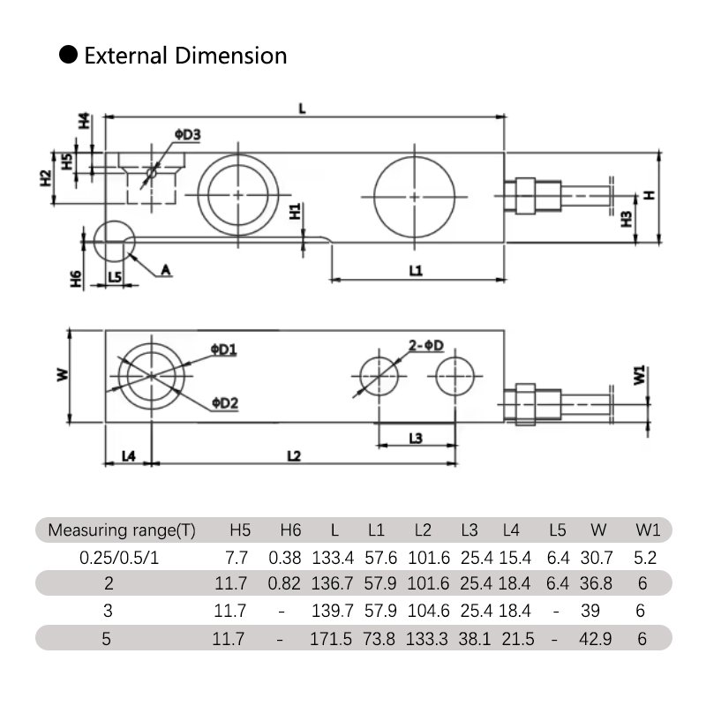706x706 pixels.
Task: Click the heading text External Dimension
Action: pyautogui.click(x=185, y=56)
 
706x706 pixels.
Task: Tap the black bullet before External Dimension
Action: pyautogui.click(x=68, y=56)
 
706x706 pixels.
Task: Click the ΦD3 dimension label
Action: pyautogui.click(x=187, y=134)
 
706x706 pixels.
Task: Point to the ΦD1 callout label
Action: pyautogui.click(x=223, y=350)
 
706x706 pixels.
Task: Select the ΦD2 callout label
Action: pyautogui.click(x=224, y=403)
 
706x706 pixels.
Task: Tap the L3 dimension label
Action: pyautogui.click(x=417, y=438)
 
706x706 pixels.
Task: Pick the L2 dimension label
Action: pyautogui.click(x=295, y=455)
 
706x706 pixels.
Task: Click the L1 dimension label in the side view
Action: pyautogui.click(x=417, y=271)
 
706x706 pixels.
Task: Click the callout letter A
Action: pyautogui.click(x=164, y=271)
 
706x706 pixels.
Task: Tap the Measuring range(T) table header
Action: pyautogui.click(x=122, y=530)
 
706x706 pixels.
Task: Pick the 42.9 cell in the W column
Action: pyautogui.click(x=598, y=638)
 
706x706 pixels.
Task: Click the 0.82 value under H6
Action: pyautogui.click(x=289, y=584)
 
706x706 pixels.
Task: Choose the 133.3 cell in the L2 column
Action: pyautogui.click(x=422, y=638)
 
